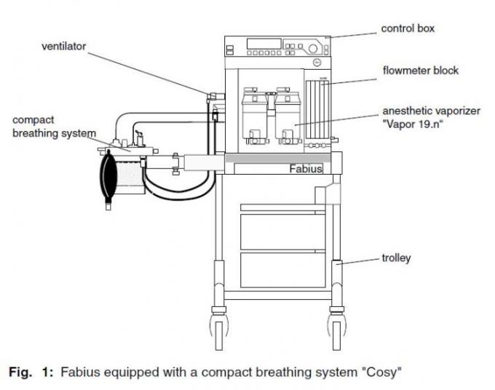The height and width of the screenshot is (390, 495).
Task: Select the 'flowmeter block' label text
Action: coord(420,71)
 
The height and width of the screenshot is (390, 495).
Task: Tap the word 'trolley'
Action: coord(396,258)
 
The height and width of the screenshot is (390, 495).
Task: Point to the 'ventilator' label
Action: coord(63,47)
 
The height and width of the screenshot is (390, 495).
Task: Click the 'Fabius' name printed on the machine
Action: coord(305,169)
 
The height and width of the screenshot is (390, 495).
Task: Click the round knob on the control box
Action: coord(314,49)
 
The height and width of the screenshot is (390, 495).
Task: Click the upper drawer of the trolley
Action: coord(282,231)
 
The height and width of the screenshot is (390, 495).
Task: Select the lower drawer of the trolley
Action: coord(282,269)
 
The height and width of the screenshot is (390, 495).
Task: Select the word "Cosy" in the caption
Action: coord(381,372)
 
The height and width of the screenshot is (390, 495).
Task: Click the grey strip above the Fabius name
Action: coord(277,158)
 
